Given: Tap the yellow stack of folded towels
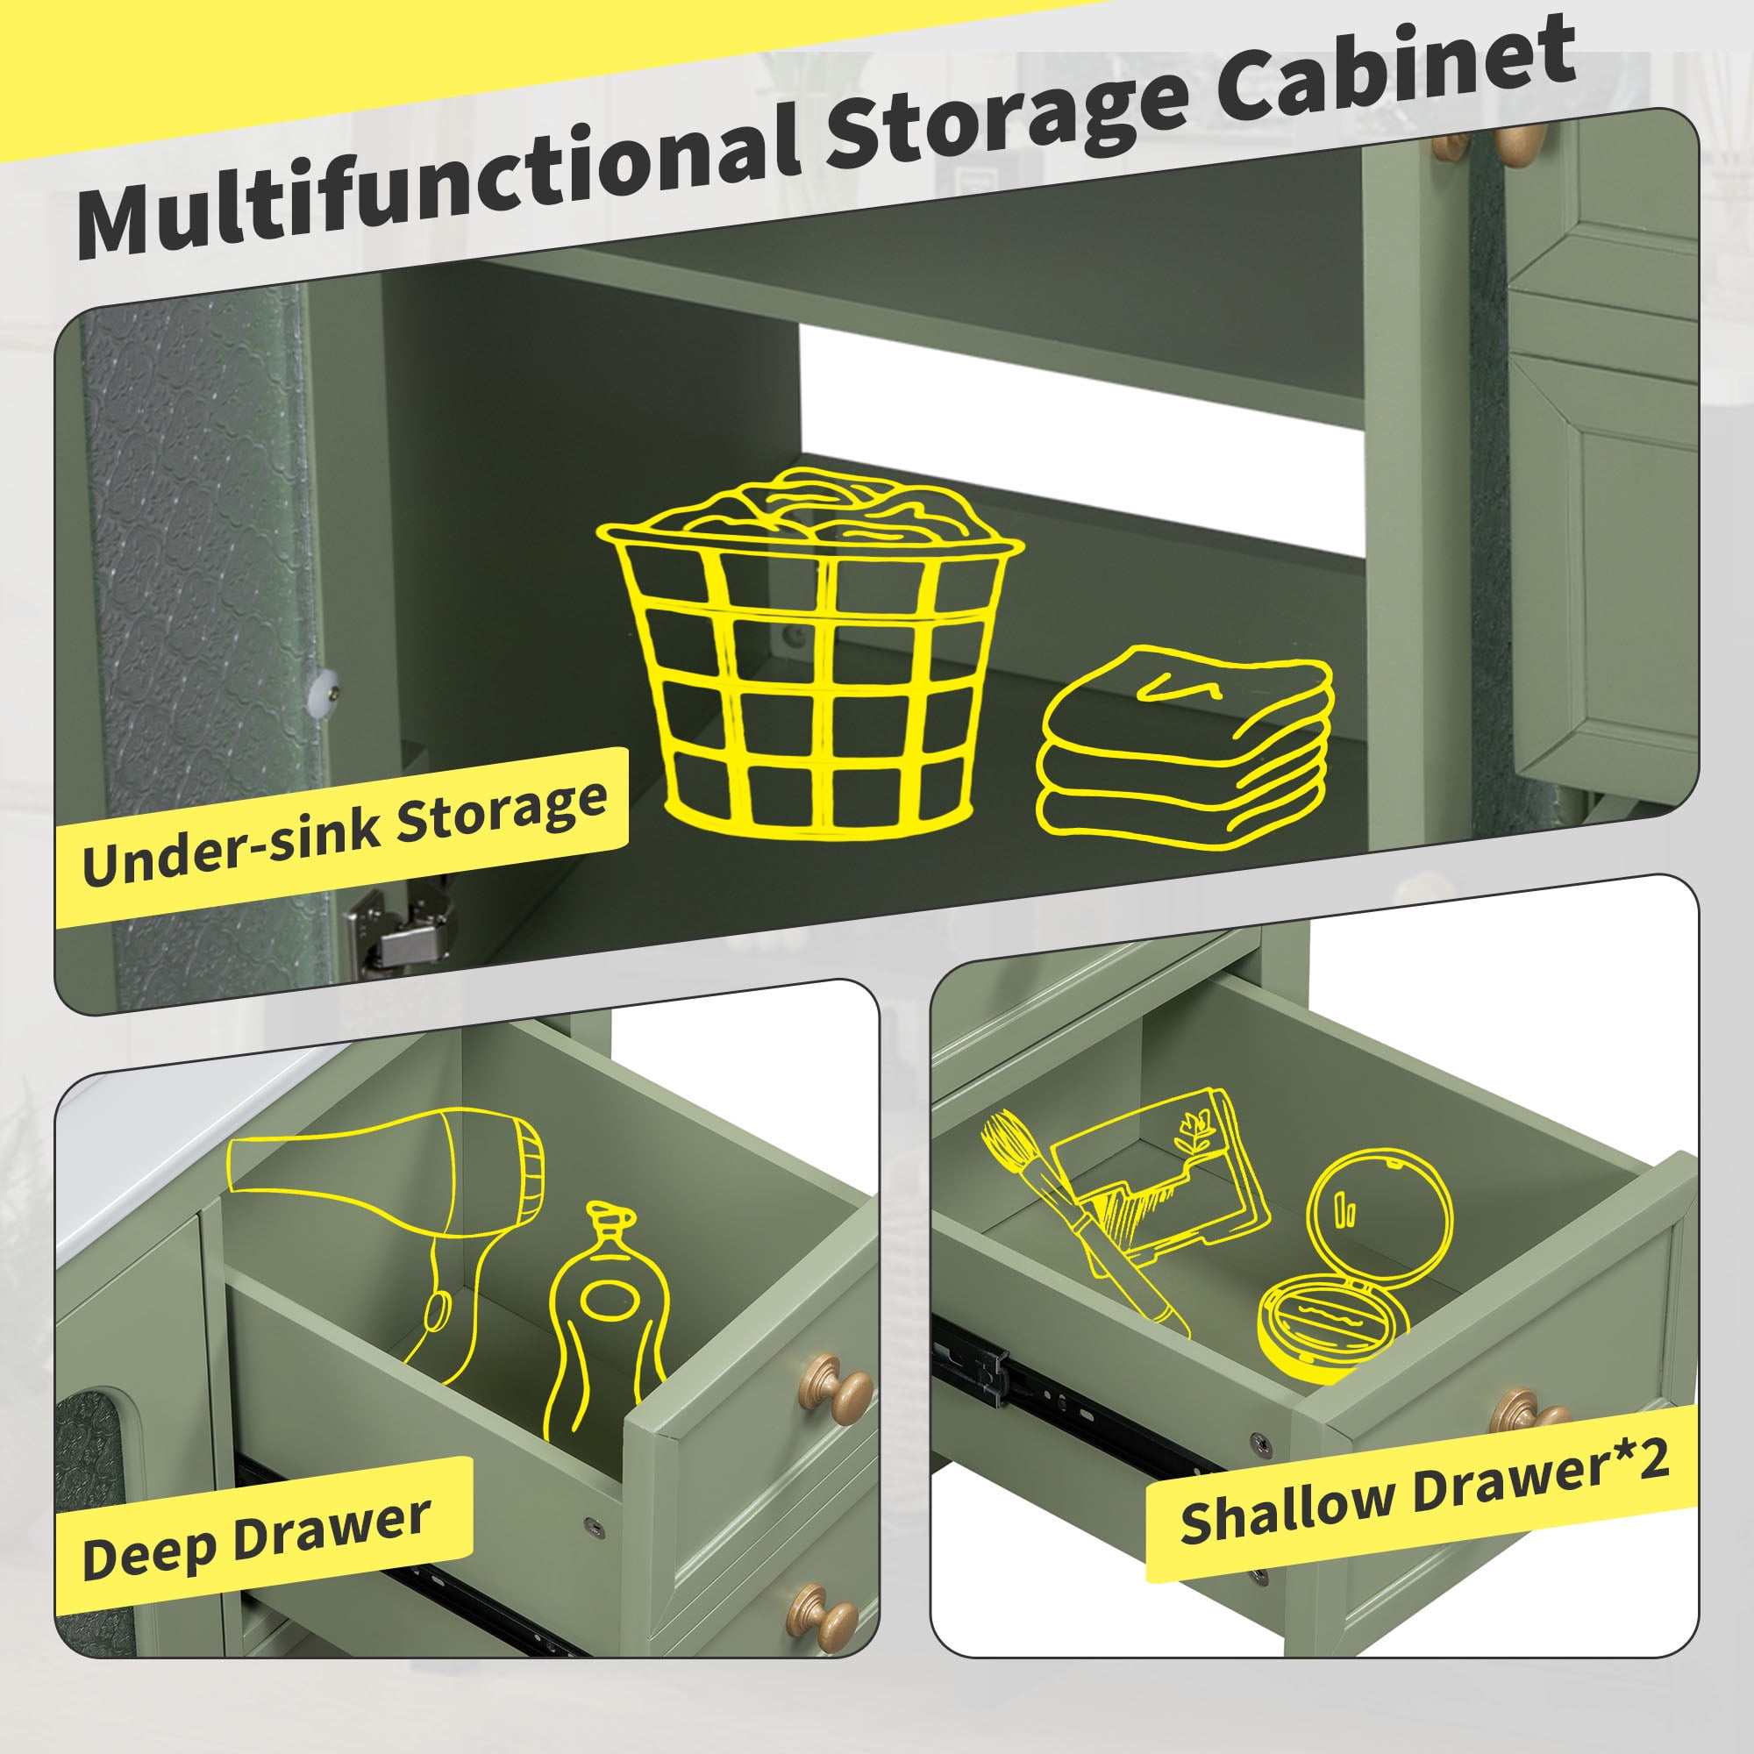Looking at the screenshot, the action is click(1184, 749).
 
